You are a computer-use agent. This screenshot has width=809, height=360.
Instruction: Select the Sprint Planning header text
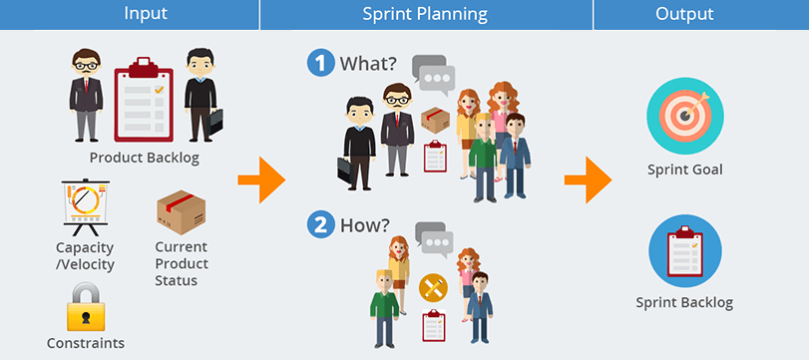(425, 14)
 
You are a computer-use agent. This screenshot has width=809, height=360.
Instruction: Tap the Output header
(683, 14)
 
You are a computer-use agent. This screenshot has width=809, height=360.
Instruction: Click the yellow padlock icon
(86, 307)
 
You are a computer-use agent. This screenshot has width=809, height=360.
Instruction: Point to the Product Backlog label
(145, 158)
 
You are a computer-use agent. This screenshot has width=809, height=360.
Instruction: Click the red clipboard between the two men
(145, 100)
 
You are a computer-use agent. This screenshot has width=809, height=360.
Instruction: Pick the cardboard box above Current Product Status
(181, 209)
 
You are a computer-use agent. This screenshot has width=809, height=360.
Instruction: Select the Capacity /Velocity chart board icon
(85, 209)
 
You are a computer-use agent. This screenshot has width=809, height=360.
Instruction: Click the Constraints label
(86, 343)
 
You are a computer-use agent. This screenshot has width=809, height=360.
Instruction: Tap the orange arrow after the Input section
(260, 180)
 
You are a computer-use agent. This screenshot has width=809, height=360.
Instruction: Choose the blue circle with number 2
(320, 224)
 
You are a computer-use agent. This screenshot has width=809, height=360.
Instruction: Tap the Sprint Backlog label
(684, 302)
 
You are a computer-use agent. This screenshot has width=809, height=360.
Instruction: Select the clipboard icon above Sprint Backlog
(684, 250)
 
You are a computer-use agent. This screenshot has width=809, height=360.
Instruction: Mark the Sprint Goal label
(684, 170)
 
